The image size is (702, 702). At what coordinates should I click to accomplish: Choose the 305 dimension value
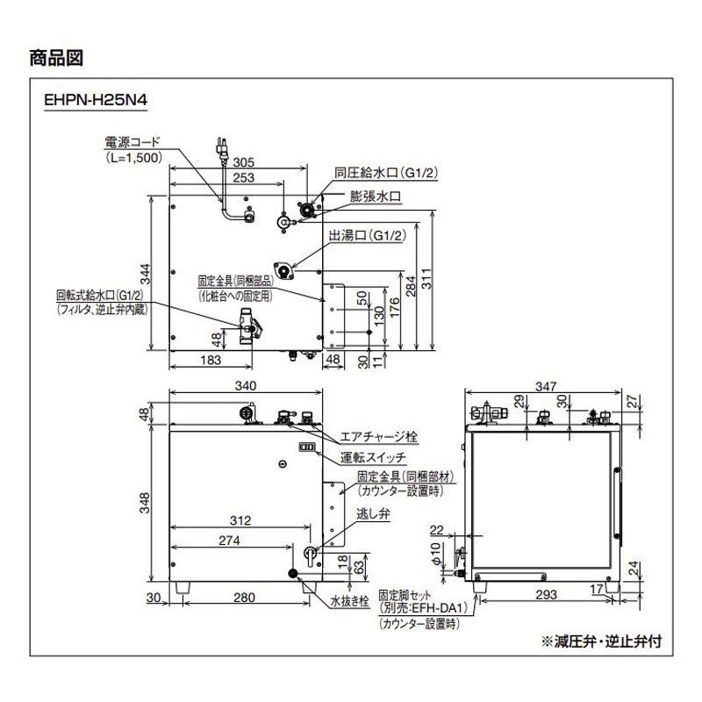click(245, 162)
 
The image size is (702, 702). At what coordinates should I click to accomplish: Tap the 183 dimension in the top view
click(209, 361)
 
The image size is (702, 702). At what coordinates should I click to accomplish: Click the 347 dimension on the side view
click(545, 387)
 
